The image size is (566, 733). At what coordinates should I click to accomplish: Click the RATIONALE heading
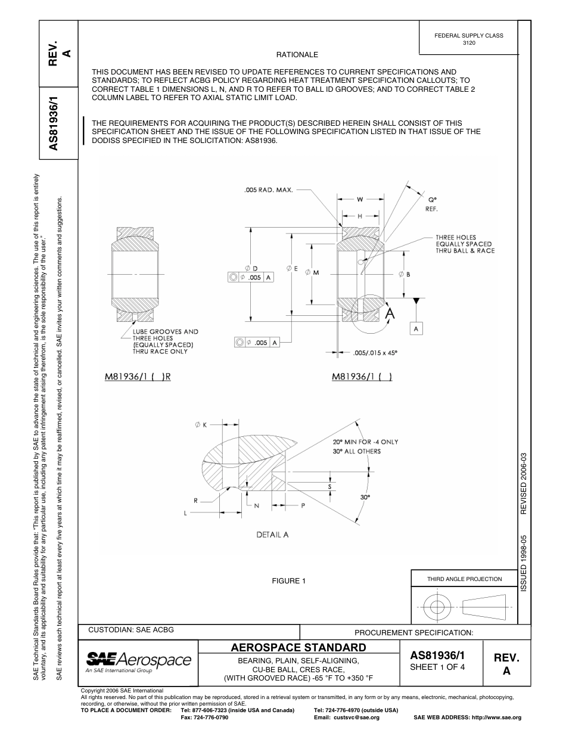click(297, 55)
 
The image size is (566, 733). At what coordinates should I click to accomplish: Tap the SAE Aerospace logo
click(139, 660)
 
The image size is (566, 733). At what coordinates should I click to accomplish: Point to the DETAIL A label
click(272, 535)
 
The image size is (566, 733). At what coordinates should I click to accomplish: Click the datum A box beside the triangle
click(416, 328)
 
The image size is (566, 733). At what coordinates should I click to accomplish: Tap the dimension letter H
click(360, 216)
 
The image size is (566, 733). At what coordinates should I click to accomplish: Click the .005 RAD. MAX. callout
click(269, 190)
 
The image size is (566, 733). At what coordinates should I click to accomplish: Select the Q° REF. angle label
click(433, 204)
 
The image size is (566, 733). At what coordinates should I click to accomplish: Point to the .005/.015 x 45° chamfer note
click(375, 352)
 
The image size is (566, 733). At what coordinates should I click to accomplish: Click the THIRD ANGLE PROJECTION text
click(464, 579)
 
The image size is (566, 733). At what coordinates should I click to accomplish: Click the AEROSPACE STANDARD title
click(298, 647)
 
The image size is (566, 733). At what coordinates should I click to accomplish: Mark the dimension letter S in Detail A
click(330, 486)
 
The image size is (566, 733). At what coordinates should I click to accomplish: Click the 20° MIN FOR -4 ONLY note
click(365, 442)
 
